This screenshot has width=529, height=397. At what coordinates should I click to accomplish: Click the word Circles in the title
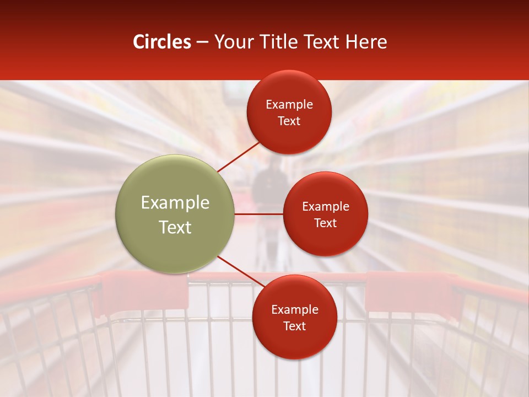pyautogui.click(x=162, y=42)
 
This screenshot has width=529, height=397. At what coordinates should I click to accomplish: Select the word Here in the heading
pyautogui.click(x=366, y=42)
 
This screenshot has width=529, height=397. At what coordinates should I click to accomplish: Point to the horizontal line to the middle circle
pyautogui.click(x=258, y=214)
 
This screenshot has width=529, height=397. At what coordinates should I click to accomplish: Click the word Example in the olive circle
pyautogui.click(x=175, y=203)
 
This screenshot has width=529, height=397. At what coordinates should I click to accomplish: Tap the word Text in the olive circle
pyautogui.click(x=175, y=227)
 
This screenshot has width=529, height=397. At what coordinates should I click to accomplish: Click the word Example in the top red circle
pyautogui.click(x=289, y=105)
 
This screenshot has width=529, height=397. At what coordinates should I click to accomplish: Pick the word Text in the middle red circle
pyautogui.click(x=325, y=223)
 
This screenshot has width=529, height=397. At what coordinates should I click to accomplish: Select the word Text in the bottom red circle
pyautogui.click(x=294, y=326)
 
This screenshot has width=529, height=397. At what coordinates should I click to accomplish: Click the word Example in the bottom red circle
pyautogui.click(x=294, y=310)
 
